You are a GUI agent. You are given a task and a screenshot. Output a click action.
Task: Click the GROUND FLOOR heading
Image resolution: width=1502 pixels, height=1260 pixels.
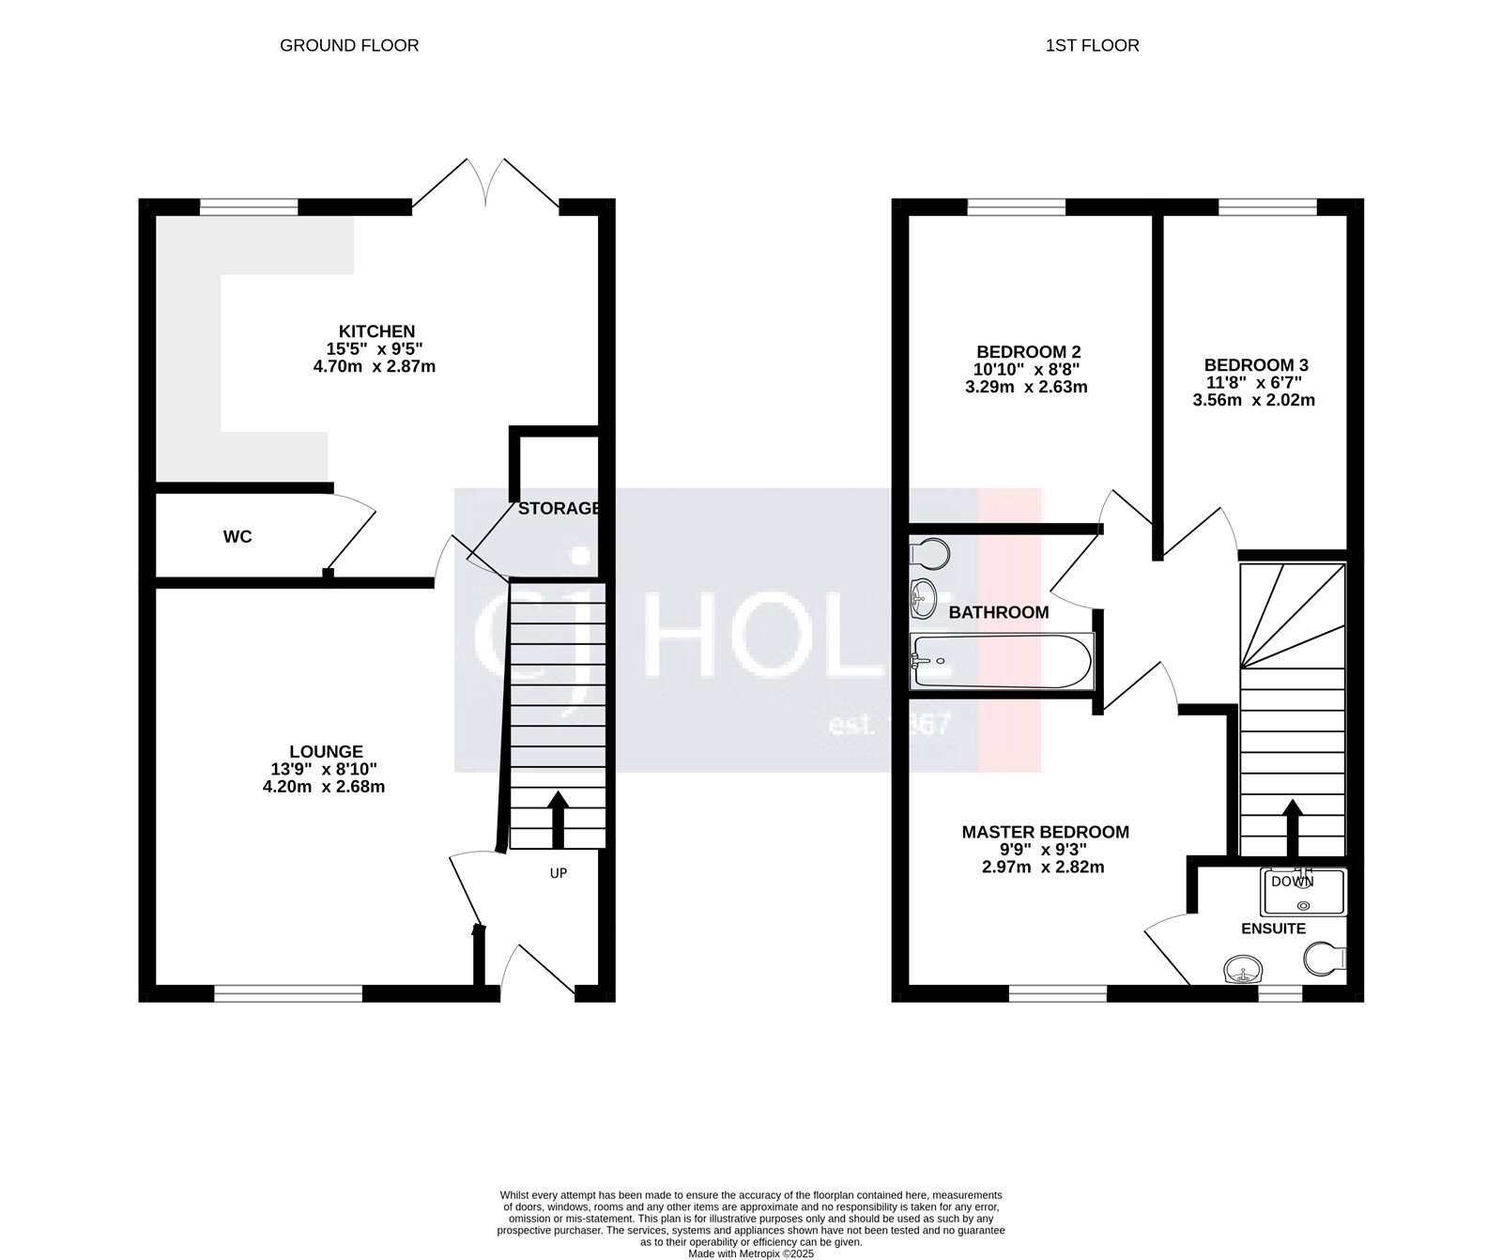pos(349,45)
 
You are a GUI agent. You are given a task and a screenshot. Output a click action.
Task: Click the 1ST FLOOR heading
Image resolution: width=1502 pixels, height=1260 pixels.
pos(1092,45)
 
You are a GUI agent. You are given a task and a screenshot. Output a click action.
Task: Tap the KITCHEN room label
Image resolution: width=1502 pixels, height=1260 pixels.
pos(376,331)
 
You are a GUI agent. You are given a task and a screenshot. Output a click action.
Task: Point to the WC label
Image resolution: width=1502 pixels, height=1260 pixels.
pos(238,537)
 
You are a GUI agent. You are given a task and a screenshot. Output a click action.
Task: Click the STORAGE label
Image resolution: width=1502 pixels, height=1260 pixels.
pos(559,509)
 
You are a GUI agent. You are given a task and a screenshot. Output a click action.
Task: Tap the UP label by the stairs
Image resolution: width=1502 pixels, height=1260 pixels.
pos(559,873)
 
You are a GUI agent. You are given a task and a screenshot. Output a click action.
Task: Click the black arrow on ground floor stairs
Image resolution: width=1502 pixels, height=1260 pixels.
pos(558,820)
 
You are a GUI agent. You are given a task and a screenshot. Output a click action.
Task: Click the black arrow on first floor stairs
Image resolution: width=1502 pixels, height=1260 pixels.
pos(1293,827)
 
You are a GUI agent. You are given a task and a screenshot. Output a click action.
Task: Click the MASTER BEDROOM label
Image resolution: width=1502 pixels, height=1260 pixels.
pos(1045,832)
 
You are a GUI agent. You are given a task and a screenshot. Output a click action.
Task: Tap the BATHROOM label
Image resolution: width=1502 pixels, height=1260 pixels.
pos(998,613)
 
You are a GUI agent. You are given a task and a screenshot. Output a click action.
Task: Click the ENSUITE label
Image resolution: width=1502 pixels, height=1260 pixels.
pos(1273,929)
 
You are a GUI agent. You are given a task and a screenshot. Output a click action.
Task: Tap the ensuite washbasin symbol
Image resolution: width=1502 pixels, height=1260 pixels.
pos(1244,970)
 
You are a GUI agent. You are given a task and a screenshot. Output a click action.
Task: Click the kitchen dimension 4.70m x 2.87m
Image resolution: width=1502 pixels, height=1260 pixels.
pos(374,367)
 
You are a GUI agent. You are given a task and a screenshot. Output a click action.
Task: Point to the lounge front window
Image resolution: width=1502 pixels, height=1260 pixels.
pos(288,991)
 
